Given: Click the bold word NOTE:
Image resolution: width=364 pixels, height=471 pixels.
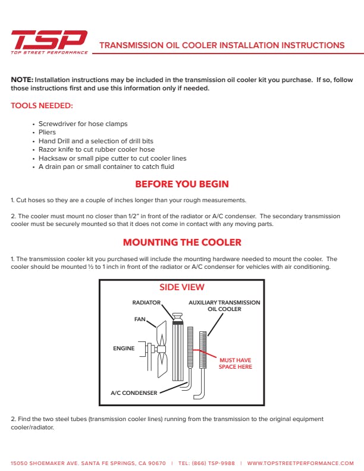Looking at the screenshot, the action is coord(22,80).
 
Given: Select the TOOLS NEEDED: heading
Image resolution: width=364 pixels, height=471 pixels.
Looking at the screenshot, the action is coord(42,106).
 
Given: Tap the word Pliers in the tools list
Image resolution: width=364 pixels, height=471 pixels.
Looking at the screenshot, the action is coord(47,133).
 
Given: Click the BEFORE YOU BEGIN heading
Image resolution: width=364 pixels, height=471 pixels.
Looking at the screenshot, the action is coord(182,184).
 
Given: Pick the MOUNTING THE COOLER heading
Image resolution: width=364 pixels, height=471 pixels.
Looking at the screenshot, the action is coord(182,242).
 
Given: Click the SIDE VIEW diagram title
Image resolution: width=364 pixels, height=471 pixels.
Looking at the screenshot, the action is coord(181,287).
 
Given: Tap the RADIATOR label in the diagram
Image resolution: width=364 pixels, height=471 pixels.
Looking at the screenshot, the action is coord(146,303).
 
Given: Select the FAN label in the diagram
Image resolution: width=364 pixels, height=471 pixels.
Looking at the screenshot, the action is coord(140,319).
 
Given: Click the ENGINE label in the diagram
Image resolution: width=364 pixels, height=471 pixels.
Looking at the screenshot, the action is coord(124,348).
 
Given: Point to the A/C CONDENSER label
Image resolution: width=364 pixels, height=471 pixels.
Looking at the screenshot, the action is coord(134,393).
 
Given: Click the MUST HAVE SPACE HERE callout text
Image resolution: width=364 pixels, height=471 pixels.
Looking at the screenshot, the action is coord(236,363).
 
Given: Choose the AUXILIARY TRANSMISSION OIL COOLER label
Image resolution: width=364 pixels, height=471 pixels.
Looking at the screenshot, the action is coord(224,306).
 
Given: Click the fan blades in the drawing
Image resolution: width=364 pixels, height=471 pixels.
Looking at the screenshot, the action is coord(162,349).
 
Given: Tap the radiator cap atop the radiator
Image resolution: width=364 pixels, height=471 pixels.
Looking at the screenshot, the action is coord(177,317).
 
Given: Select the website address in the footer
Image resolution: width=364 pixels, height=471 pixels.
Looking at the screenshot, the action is coord(300,463).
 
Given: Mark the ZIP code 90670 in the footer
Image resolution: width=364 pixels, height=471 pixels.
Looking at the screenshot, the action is coord(156,463).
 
